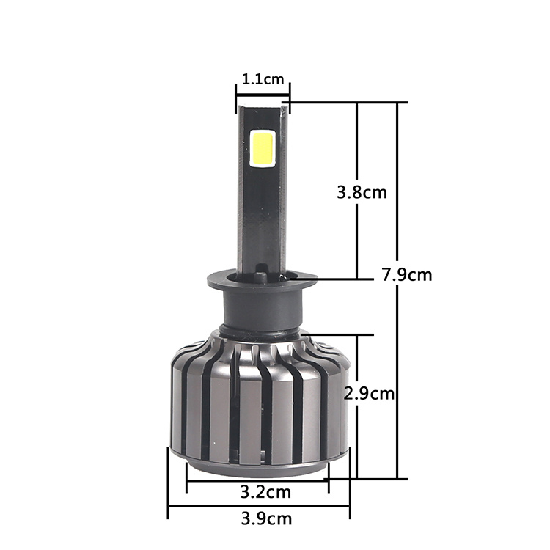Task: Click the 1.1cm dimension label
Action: pos(263,79)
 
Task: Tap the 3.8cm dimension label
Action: pos(362,193)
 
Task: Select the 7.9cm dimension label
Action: pos(407,275)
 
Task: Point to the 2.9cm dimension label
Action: pos(369,394)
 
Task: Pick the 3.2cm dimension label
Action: pos(266,492)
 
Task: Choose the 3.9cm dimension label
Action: pos(267,518)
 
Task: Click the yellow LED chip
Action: pos(262,148)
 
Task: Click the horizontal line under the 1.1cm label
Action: pos(263,94)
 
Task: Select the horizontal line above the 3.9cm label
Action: pos(259,506)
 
